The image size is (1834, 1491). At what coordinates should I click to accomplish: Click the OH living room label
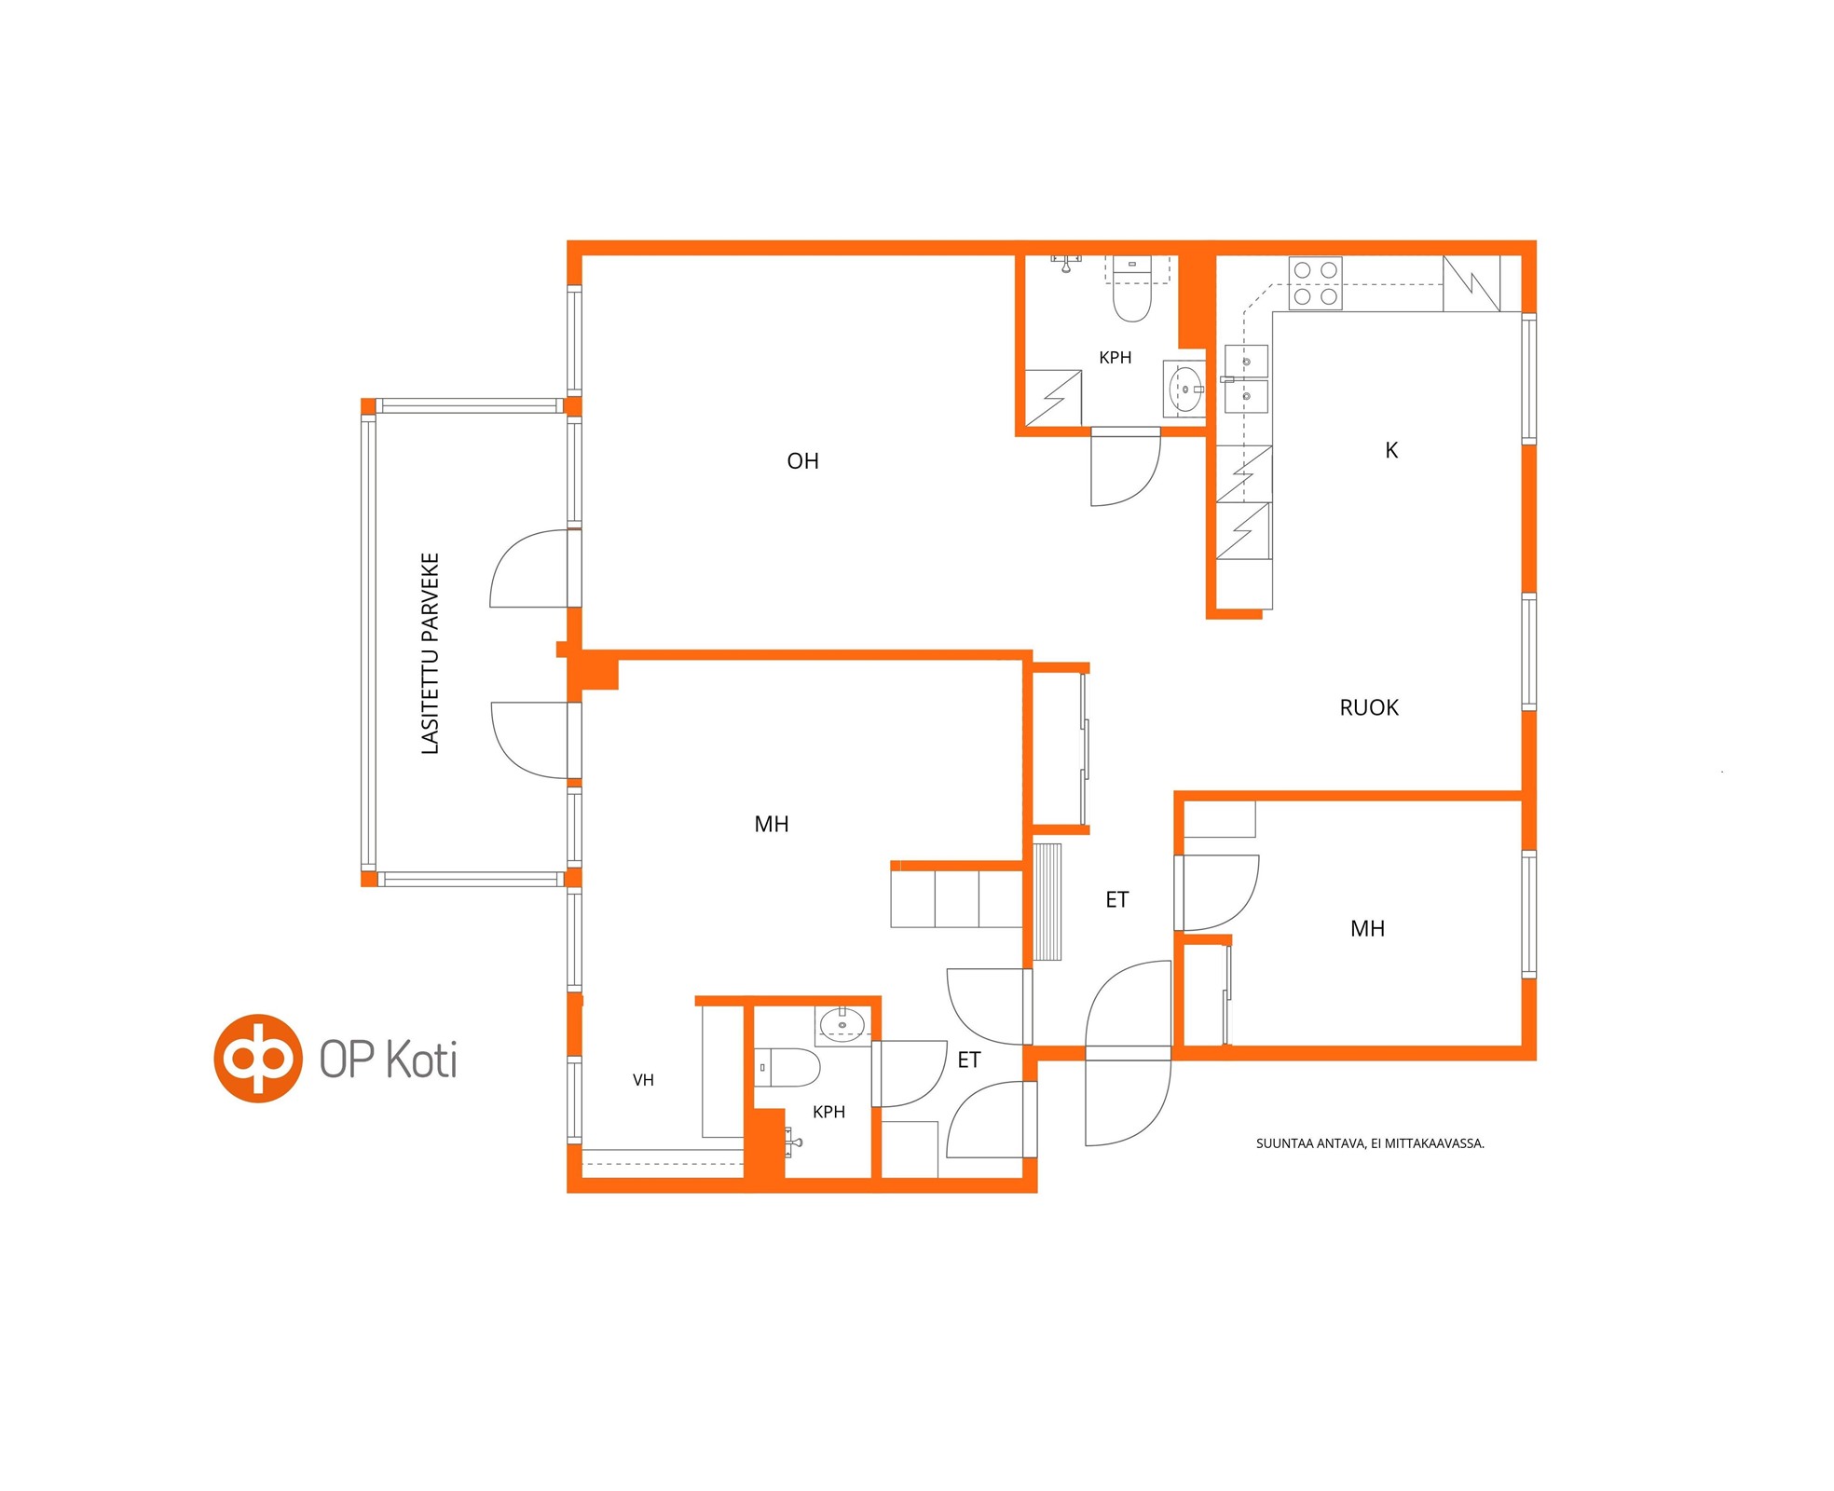coord(802,461)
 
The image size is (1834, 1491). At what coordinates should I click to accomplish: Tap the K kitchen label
coord(1391,451)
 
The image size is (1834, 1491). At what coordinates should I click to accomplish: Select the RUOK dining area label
coord(1369,708)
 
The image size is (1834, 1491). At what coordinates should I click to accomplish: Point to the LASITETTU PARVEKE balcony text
coord(430,653)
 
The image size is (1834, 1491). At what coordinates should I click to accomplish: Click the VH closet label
coord(643,1080)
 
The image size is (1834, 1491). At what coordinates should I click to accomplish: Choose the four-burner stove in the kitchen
coord(1315,283)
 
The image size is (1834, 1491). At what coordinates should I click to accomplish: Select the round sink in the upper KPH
coord(1184,390)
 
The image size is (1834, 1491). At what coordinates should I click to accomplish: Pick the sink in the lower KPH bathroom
coord(842,1025)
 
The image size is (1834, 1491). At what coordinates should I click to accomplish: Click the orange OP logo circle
coord(258,1059)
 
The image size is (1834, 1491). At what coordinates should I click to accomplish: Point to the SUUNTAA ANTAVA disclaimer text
coord(1370,1143)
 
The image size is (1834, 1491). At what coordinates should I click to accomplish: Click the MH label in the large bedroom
coord(772,825)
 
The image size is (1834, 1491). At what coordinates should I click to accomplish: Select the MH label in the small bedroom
coord(1367,929)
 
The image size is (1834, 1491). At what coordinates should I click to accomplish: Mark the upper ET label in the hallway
coord(1116,900)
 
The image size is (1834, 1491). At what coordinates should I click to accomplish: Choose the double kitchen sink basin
coord(1246,378)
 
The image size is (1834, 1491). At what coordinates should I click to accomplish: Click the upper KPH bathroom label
coord(1115,358)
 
